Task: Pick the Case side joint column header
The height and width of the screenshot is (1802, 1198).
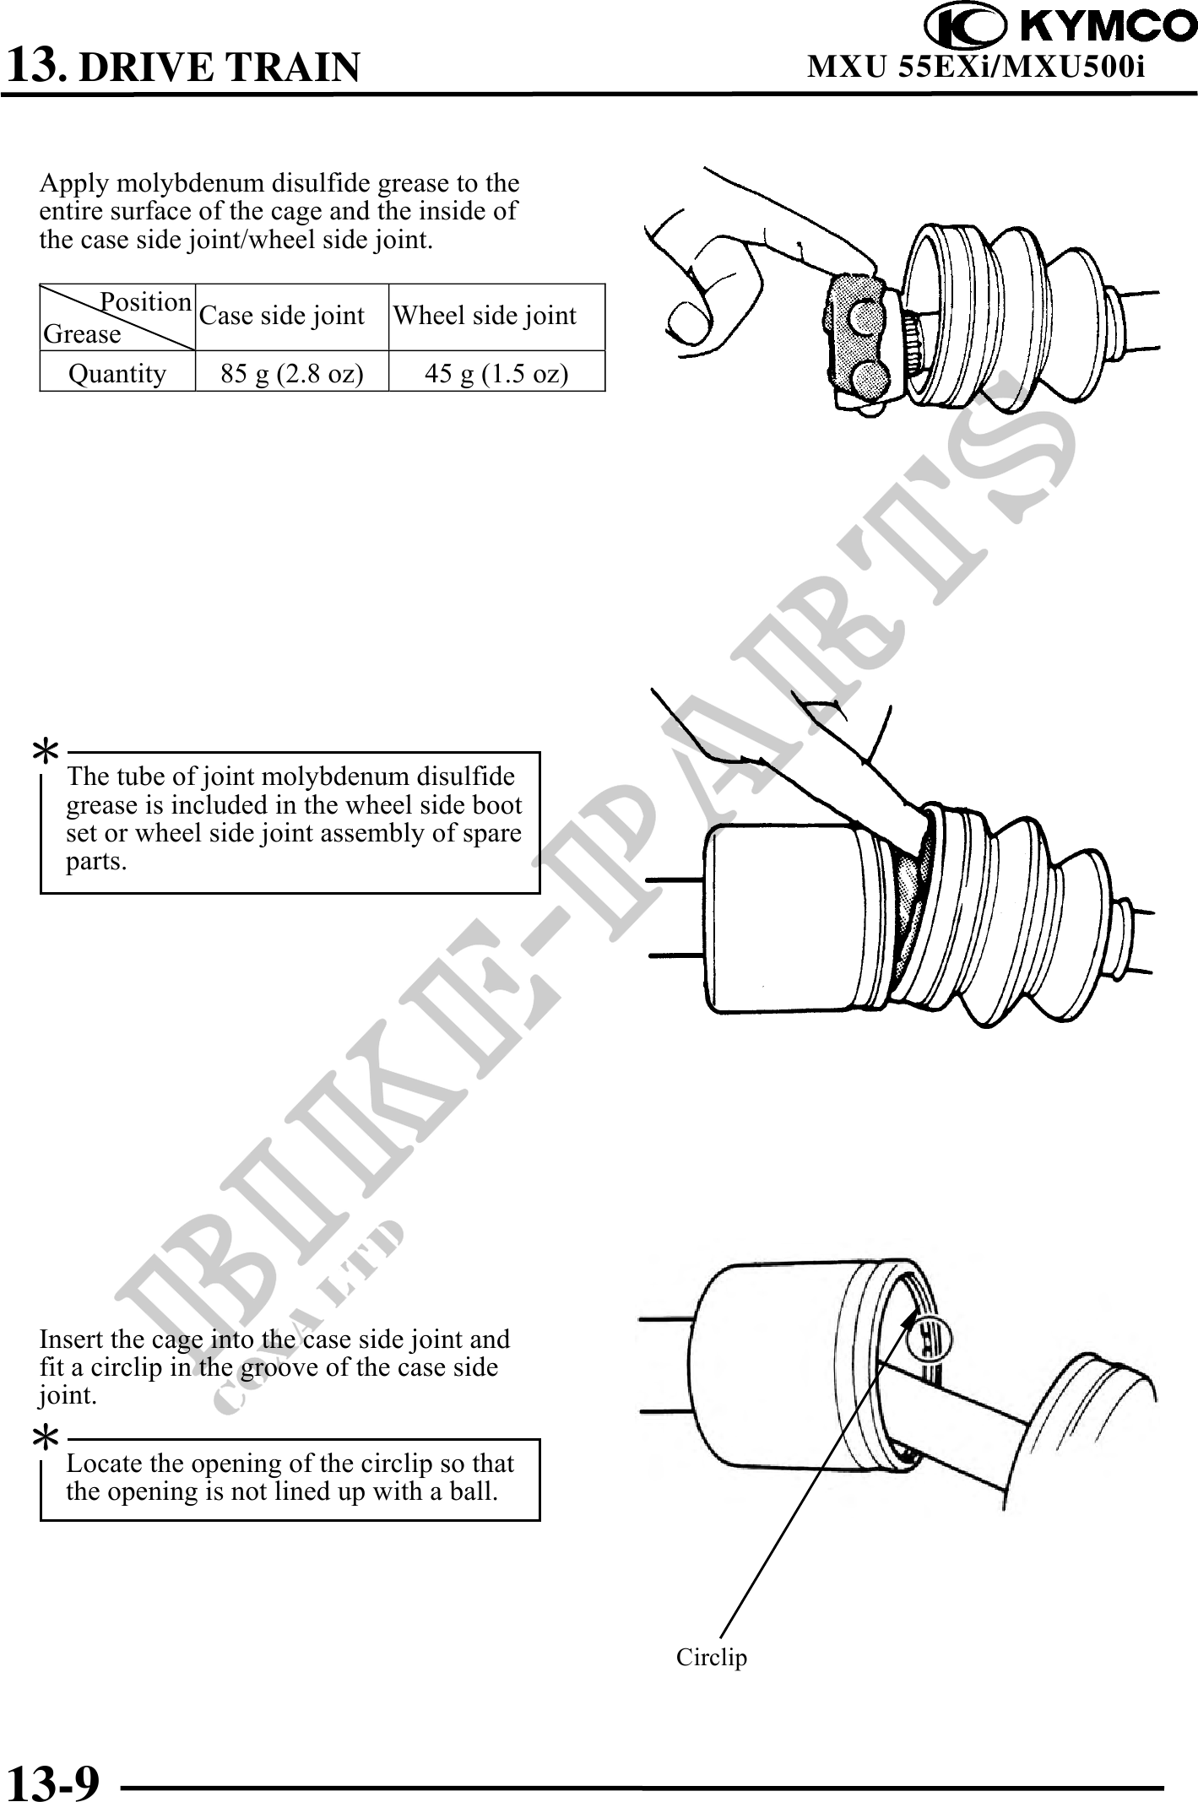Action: (282, 316)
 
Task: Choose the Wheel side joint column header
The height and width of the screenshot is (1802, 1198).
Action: (485, 316)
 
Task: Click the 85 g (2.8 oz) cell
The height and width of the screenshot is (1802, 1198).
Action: (292, 373)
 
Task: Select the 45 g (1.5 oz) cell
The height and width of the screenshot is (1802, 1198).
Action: (496, 373)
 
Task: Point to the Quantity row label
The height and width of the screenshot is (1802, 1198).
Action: (117, 373)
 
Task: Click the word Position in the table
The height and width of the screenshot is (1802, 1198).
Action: (146, 301)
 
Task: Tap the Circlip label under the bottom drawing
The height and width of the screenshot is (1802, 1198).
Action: (712, 1657)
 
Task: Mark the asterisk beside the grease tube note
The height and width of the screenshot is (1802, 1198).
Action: (46, 750)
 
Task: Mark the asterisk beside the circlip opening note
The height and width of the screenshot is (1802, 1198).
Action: (46, 1437)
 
